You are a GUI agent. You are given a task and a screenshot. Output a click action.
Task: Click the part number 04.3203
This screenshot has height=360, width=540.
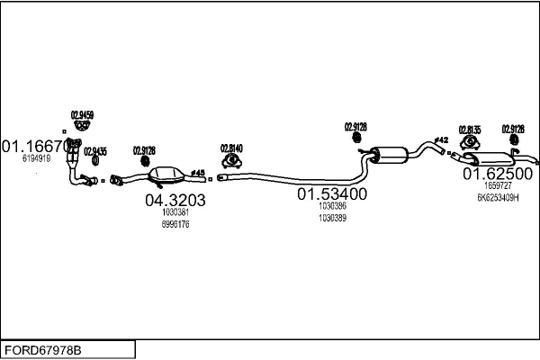pos(175,201)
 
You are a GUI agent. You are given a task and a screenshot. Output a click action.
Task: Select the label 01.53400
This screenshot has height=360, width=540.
pos(332,193)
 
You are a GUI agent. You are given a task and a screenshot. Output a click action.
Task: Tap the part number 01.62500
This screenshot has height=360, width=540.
pos(498,173)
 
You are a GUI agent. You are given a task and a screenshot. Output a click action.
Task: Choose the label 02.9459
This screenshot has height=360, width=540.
pos(82,114)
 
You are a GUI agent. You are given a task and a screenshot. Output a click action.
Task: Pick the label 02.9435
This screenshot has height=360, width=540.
pos(94,150)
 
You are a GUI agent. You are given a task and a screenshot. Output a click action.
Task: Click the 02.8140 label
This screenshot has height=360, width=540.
pos(231,148)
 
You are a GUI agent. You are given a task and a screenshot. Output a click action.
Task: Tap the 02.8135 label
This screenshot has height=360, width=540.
pos(470,130)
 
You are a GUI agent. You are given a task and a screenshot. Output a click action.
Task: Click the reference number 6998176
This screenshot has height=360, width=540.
pos(175,223)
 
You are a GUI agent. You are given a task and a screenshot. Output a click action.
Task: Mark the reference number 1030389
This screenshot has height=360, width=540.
pos(332,217)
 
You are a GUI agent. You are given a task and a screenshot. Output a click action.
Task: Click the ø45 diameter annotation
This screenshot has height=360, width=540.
pos(199,172)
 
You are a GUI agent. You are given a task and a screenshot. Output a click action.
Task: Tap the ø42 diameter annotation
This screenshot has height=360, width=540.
pos(441,139)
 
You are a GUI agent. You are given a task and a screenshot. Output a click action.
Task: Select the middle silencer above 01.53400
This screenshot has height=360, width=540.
pos(390,153)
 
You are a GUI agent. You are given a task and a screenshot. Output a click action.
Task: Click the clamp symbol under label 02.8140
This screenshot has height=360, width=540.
pos(231,161)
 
